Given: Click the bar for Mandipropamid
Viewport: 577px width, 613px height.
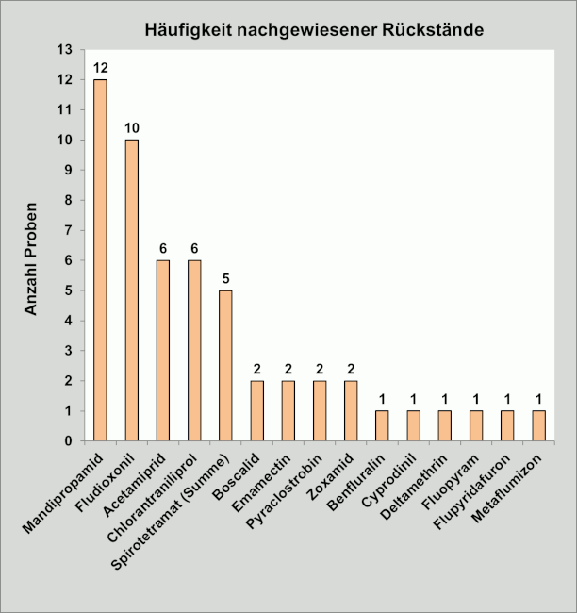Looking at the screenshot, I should pyautogui.click(x=100, y=260).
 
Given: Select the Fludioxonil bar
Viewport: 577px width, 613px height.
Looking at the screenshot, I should pyautogui.click(x=131, y=290).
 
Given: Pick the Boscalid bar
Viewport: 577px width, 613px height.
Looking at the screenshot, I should pyautogui.click(x=256, y=411).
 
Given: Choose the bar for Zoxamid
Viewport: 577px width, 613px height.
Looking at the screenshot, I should pyautogui.click(x=351, y=411).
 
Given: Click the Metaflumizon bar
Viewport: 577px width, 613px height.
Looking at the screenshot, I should pyautogui.click(x=538, y=426).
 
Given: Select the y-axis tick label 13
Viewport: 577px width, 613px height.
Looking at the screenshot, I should pyautogui.click(x=64, y=50).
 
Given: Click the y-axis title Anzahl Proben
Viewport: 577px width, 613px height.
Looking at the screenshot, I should pyautogui.click(x=31, y=257).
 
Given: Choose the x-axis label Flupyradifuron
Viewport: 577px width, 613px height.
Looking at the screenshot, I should pyautogui.click(x=477, y=484).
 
